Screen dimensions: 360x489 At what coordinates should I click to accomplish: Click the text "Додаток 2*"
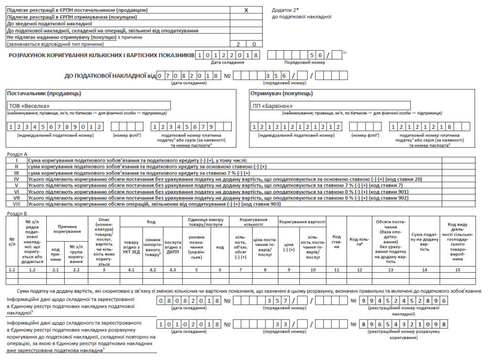point(285,10)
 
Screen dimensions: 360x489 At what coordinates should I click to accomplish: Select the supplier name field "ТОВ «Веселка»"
point(89,106)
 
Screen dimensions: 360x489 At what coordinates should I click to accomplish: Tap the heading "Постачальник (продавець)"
point(44,93)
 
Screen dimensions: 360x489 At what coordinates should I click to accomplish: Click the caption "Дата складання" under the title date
point(227,63)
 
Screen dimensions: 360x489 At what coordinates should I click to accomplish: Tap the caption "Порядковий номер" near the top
point(305,63)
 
